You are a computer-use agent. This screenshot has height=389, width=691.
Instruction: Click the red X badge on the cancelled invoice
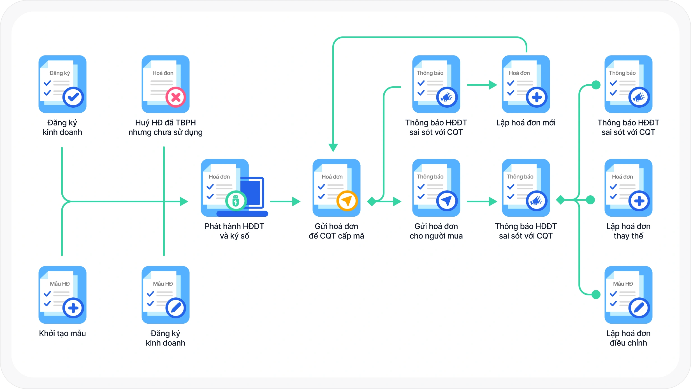[176, 97]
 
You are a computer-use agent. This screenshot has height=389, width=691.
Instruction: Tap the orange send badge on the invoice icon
[347, 201]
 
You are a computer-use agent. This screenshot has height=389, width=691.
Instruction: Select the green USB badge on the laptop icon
[236, 201]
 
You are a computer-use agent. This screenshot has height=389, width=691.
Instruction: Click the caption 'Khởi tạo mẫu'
[62, 333]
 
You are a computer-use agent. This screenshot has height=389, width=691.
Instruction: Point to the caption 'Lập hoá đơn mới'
[526, 122]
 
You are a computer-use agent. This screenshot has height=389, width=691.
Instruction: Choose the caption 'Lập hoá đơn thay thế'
[628, 231]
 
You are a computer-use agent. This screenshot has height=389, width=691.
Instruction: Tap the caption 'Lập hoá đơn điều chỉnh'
[628, 338]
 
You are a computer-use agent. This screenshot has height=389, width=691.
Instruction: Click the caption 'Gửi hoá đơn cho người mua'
[436, 231]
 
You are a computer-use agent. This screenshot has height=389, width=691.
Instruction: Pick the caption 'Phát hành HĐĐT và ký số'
[234, 231]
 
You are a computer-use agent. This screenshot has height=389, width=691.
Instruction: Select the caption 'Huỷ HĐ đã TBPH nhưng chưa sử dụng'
[165, 127]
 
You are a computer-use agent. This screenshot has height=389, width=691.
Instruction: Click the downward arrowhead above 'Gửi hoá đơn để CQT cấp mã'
[333, 147]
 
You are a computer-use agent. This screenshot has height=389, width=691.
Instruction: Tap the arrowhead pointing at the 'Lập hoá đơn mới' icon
[493, 85]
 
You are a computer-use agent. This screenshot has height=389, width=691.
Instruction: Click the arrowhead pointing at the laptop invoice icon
[184, 201]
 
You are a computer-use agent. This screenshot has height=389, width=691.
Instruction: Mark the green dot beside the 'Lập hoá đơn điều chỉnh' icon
[596, 294]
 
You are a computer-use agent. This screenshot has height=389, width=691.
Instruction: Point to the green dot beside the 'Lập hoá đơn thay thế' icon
[590, 200]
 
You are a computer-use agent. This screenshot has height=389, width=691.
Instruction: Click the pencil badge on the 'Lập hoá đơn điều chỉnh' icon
[639, 308]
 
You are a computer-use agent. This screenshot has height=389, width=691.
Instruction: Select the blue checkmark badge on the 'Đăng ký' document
[73, 97]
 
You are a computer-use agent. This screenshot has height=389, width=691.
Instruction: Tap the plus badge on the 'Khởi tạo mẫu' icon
[73, 308]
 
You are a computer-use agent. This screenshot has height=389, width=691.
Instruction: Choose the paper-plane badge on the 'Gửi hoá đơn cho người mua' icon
[447, 201]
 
